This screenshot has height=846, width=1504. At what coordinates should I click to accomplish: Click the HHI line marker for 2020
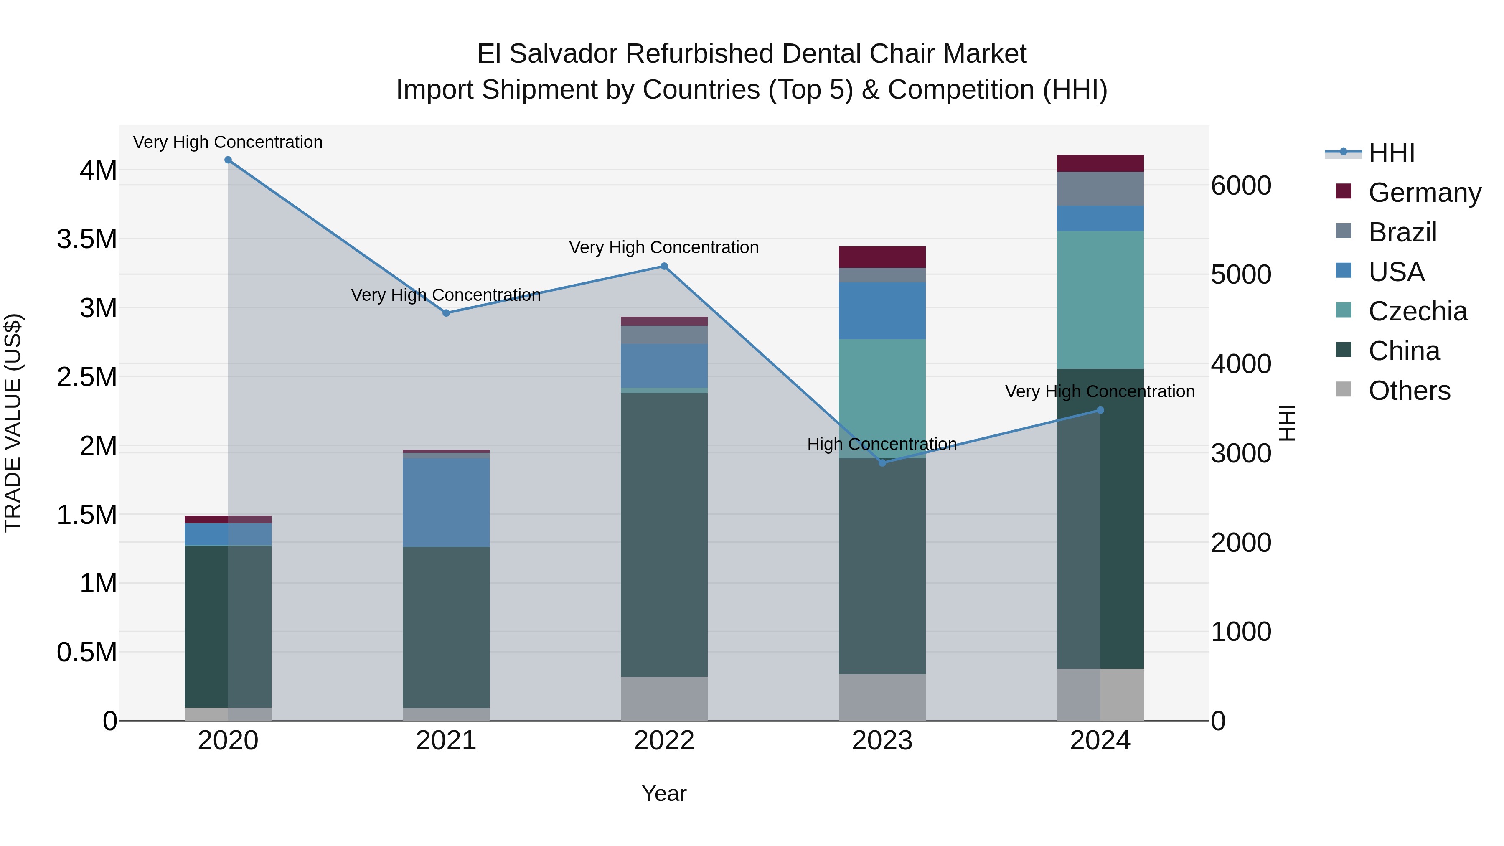(228, 160)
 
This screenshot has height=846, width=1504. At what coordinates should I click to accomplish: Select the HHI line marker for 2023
(882, 463)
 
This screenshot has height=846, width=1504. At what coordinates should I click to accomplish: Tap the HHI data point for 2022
(664, 266)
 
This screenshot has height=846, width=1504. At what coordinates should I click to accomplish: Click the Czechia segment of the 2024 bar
(1100, 300)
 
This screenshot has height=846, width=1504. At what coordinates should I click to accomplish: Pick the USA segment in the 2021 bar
(446, 502)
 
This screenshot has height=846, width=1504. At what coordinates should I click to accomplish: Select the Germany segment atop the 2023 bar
(882, 257)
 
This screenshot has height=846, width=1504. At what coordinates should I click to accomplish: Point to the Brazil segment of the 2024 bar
(1100, 188)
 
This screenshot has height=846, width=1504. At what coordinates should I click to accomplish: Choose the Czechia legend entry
(1417, 311)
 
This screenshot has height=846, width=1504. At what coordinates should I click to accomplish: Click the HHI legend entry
(1391, 153)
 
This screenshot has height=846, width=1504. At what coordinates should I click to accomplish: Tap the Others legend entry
(1409, 391)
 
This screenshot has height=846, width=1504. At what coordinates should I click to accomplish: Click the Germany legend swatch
(1344, 191)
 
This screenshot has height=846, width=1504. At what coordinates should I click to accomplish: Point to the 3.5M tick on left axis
(87, 239)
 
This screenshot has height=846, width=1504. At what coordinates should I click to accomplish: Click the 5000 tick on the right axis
(1241, 274)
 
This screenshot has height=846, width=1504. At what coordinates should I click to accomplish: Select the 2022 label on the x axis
(664, 741)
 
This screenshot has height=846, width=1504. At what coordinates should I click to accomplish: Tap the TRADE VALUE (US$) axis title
(13, 423)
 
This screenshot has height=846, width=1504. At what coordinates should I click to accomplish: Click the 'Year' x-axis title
(664, 793)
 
